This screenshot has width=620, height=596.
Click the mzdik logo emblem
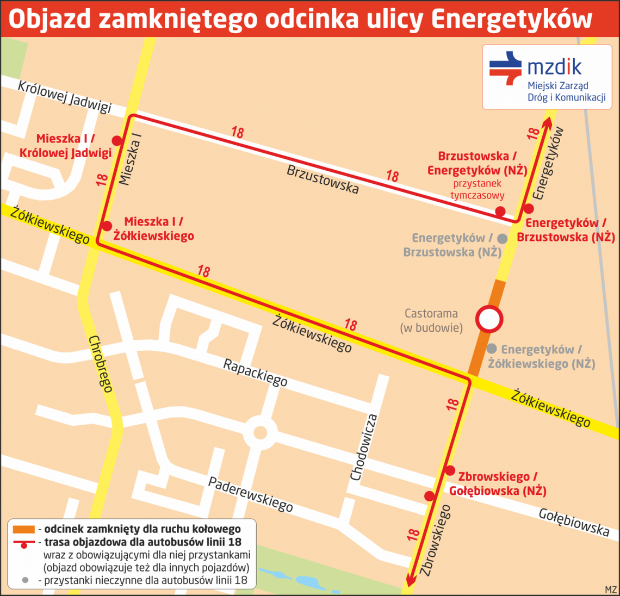click(x=505, y=68)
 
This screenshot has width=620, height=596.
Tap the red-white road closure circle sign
click(x=488, y=319)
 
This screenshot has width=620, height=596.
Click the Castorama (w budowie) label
click(x=431, y=320)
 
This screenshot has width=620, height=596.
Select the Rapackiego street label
click(x=255, y=372)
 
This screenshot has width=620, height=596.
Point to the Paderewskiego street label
click(x=251, y=494)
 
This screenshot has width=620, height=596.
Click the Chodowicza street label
click(x=363, y=448)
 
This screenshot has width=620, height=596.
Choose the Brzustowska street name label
click(x=323, y=179)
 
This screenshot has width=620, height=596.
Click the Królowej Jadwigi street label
click(x=64, y=96)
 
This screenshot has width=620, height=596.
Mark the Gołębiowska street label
click(x=573, y=522)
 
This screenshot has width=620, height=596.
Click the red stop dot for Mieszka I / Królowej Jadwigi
click(x=116, y=141)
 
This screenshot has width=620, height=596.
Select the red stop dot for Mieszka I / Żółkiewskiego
click(x=107, y=226)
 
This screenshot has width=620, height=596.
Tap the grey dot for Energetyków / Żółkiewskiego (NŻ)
click(x=492, y=349)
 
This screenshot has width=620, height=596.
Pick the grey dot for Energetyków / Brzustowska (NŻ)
click(x=503, y=238)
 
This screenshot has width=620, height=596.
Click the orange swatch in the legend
click(x=23, y=529)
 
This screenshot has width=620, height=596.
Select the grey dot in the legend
click(x=24, y=580)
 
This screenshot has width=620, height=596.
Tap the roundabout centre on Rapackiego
click(x=260, y=433)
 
